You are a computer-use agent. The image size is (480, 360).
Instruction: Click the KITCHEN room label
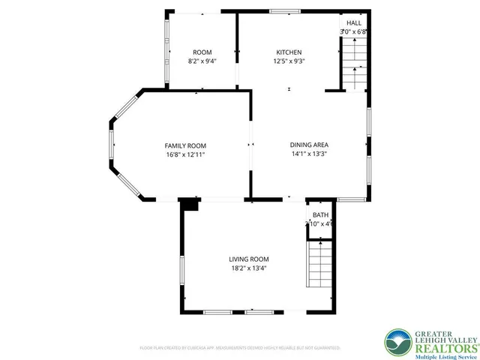288,52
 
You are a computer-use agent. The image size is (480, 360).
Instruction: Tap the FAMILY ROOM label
185,145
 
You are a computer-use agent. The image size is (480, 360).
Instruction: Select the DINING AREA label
309,145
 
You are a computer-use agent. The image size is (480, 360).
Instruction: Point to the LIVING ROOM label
248,259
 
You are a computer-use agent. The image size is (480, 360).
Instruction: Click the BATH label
320,215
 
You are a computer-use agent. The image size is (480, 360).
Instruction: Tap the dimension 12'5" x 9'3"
288,61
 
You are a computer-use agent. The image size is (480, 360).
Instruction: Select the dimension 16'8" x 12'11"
185,154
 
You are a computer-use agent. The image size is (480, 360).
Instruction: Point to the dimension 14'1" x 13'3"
309,154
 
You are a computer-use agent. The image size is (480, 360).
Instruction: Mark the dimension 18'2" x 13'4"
248,268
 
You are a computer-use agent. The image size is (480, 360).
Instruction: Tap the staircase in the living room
319,264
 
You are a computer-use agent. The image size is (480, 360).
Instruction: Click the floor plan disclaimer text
240,348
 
